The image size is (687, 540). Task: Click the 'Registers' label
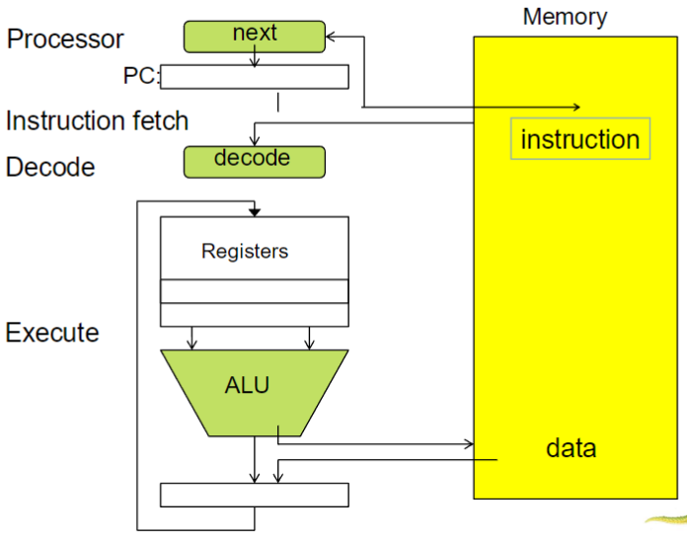(245, 251)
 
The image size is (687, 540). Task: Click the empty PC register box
(255, 76)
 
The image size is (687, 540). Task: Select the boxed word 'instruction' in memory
(580, 139)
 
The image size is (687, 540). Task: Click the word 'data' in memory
(571, 448)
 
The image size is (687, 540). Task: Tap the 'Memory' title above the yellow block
(565, 17)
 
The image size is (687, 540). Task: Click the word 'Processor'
(66, 39)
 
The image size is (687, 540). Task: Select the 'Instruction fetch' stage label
(97, 120)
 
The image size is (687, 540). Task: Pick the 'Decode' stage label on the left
(50, 167)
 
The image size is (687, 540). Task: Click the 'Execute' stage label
(52, 332)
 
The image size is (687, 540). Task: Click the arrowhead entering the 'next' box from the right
(332, 38)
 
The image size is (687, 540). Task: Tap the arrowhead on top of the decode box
(255, 142)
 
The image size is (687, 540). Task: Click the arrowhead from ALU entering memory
(469, 443)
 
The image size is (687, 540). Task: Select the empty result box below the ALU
(255, 495)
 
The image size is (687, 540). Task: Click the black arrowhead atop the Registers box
(255, 211)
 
